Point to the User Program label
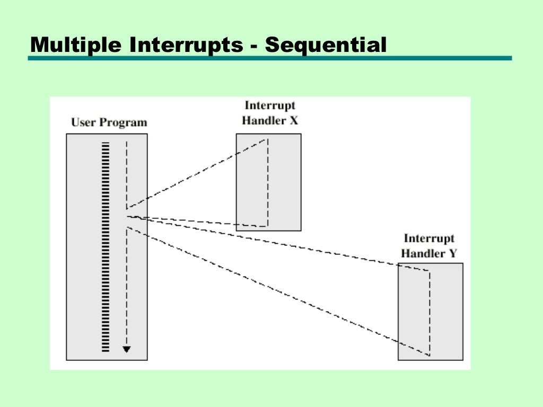tap(109, 122)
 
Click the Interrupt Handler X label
tap(269, 113)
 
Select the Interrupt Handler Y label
tap(430, 246)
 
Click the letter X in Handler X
tap(293, 120)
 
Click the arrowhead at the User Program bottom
tap(126, 349)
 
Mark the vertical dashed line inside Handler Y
tap(429, 313)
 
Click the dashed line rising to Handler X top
tap(196, 174)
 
